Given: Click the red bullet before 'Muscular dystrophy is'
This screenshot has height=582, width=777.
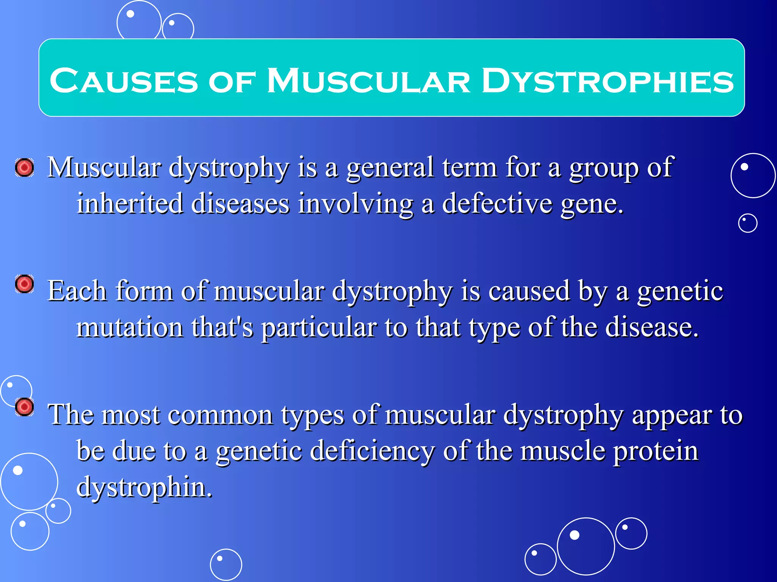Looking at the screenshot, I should pyautogui.click(x=25, y=167).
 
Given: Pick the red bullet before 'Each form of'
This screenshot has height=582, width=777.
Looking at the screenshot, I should pyautogui.click(x=25, y=284).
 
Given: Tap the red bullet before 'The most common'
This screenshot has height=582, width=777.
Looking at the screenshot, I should pyautogui.click(x=25, y=407).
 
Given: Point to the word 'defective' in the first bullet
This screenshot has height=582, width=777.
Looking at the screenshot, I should pyautogui.click(x=497, y=203).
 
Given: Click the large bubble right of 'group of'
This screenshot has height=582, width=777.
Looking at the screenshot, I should pyautogui.click(x=753, y=175).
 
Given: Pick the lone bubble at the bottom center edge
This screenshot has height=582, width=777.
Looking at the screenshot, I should pyautogui.click(x=226, y=564).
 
